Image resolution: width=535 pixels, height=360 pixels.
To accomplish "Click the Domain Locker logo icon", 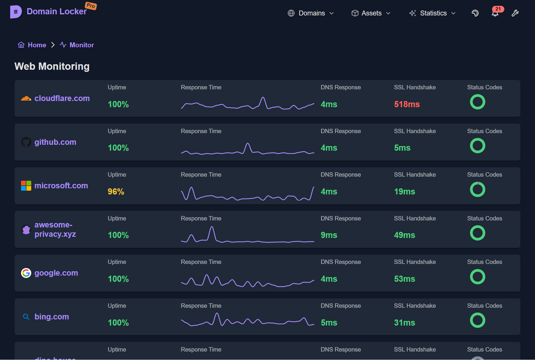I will point(15,12).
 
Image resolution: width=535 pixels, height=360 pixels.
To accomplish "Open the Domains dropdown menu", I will point(311,13).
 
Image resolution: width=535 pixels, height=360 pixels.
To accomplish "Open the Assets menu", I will point(371,13).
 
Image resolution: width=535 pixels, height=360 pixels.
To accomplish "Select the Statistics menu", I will point(432,13).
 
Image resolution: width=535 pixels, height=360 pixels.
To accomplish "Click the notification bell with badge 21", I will point(495,13).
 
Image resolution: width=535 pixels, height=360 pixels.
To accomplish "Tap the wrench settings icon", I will point(515,13).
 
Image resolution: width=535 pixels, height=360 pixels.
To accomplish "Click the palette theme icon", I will point(475,13).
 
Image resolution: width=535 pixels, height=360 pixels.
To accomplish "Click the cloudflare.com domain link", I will point(62,98).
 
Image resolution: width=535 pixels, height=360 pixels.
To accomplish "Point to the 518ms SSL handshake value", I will point(407,104).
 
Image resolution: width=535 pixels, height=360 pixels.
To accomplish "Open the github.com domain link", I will point(55,142).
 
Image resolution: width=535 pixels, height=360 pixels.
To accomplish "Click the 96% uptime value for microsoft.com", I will point(116,192).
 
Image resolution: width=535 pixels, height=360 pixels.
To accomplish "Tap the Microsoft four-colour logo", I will point(26,186).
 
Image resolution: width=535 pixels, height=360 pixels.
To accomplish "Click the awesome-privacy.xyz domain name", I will point(55,229).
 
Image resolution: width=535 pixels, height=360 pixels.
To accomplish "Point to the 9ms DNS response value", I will point(329,235).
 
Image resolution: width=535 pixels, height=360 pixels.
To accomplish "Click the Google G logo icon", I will point(26,273).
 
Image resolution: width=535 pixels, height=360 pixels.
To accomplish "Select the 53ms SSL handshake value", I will point(404,279).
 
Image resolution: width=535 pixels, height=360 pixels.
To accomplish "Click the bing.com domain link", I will point(52,317).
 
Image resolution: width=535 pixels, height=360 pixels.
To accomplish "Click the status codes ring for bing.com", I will point(477,320).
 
